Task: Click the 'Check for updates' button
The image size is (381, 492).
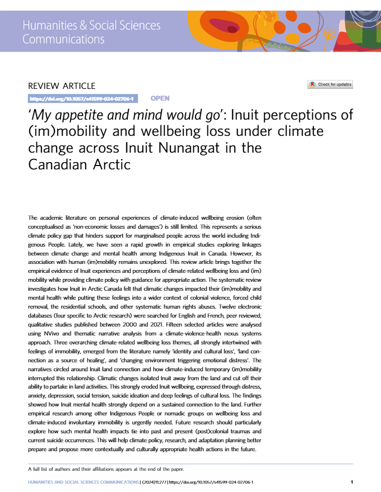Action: click(x=330, y=85)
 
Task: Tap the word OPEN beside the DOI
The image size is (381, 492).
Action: click(x=160, y=98)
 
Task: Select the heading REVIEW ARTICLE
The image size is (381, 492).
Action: click(x=62, y=86)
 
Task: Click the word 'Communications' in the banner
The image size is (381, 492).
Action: click(x=63, y=39)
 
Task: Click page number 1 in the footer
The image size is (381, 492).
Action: click(x=351, y=481)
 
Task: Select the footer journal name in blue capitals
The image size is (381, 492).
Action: click(x=83, y=481)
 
